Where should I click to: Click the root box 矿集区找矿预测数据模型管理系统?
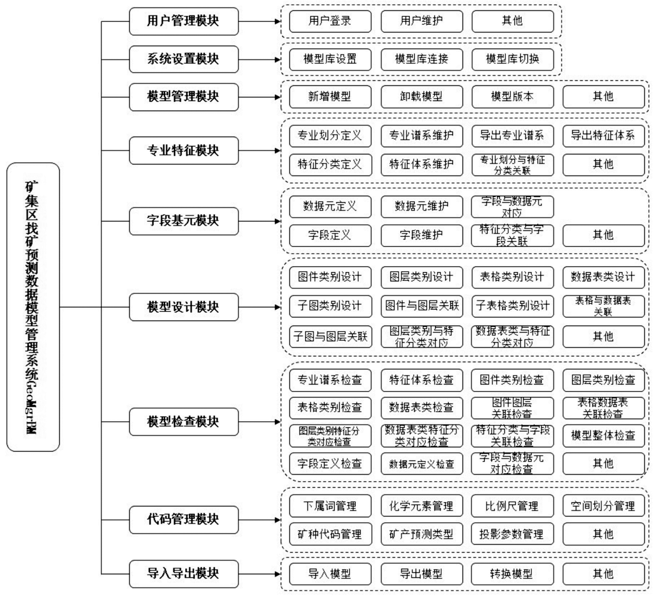pyautogui.click(x=33, y=307)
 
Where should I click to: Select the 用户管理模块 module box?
pyautogui.click(x=184, y=21)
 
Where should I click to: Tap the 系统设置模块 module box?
pyautogui.click(x=184, y=59)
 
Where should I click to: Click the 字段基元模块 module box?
pyautogui.click(x=184, y=221)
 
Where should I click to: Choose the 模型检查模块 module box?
pyautogui.click(x=184, y=421)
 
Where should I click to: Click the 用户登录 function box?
pyautogui.click(x=330, y=21)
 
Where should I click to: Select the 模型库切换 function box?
pyautogui.click(x=513, y=59)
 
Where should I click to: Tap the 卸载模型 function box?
pyautogui.click(x=422, y=97)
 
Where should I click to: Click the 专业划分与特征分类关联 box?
pyautogui.click(x=513, y=165)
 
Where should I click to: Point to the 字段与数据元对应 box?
pyautogui.click(x=512, y=207)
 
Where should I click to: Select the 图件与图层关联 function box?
pyautogui.click(x=422, y=306)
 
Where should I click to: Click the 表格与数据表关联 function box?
pyautogui.click(x=604, y=306)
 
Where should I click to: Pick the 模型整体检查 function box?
pyautogui.click(x=604, y=436)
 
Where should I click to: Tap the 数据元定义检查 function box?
pyautogui.click(x=422, y=464)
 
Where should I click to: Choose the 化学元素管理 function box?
pyautogui.click(x=422, y=506)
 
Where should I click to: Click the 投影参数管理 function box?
pyautogui.click(x=512, y=534)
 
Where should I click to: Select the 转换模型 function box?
pyautogui.click(x=512, y=574)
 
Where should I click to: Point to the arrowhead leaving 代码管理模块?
pyautogui.click(x=278, y=520)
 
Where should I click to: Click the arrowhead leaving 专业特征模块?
pyautogui.click(x=278, y=150)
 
